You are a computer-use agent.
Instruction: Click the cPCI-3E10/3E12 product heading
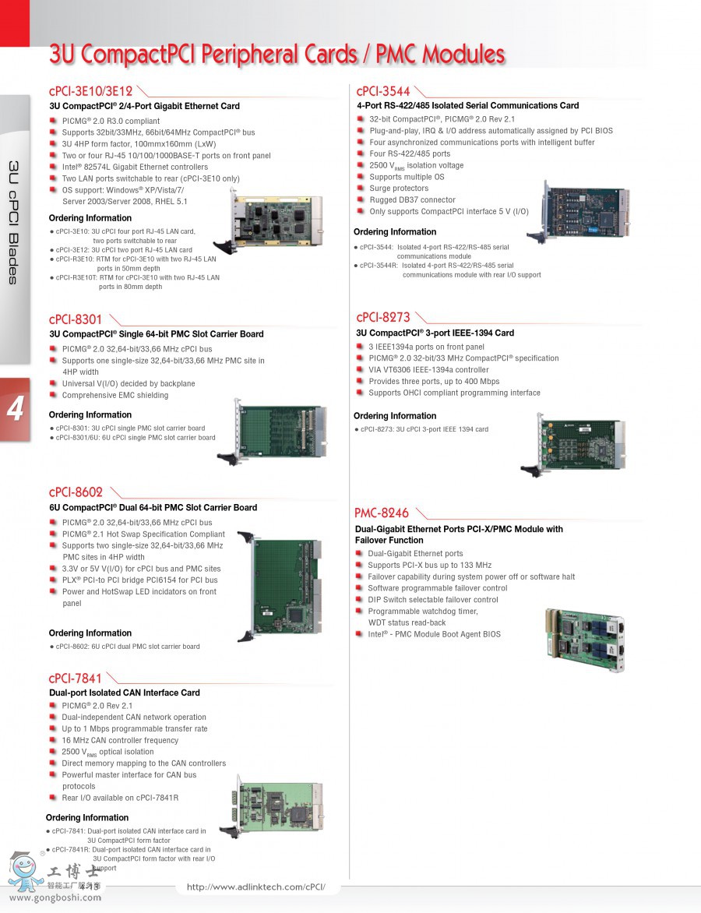tap(90, 91)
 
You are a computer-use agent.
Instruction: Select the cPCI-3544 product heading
tap(383, 91)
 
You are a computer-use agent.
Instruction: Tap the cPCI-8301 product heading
tap(75, 319)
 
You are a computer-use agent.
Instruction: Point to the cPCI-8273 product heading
tap(382, 317)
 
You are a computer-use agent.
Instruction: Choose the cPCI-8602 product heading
tap(76, 492)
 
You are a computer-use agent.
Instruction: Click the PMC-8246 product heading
tap(382, 513)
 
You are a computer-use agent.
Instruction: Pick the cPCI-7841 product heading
tap(75, 678)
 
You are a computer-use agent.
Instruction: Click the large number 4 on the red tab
tap(15, 410)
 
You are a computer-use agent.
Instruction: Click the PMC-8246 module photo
tap(584, 639)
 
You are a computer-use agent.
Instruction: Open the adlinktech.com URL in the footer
tap(255, 887)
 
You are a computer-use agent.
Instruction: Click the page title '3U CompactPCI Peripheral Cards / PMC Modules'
tap(277, 55)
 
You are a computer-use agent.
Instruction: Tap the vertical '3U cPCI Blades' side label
tap(13, 223)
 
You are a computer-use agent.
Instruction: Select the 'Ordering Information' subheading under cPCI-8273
tap(395, 416)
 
